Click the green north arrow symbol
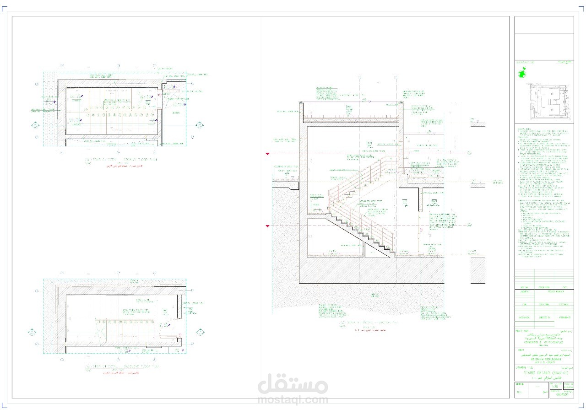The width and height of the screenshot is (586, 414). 521,73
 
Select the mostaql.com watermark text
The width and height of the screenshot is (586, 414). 293,399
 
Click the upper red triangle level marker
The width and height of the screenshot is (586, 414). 267,154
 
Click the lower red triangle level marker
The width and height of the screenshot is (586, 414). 267,226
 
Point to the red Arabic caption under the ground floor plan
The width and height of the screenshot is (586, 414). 121,167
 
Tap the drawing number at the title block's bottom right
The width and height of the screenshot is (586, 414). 562,396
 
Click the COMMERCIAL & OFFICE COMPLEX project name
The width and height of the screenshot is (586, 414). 544,343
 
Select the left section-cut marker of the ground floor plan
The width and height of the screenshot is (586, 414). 35,125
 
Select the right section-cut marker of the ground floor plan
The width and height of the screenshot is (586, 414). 200,125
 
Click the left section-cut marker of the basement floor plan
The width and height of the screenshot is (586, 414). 32,332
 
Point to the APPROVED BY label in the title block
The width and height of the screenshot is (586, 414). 564,317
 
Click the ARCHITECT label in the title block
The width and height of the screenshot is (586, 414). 525,290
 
